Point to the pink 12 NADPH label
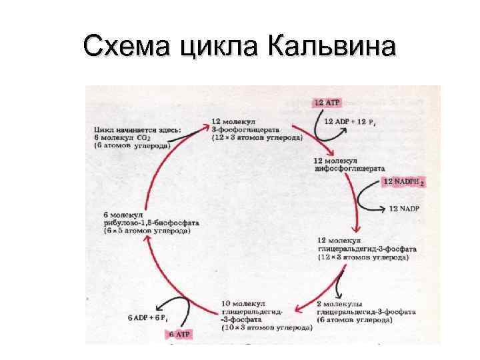[405, 181]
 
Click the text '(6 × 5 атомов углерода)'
[147, 231]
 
